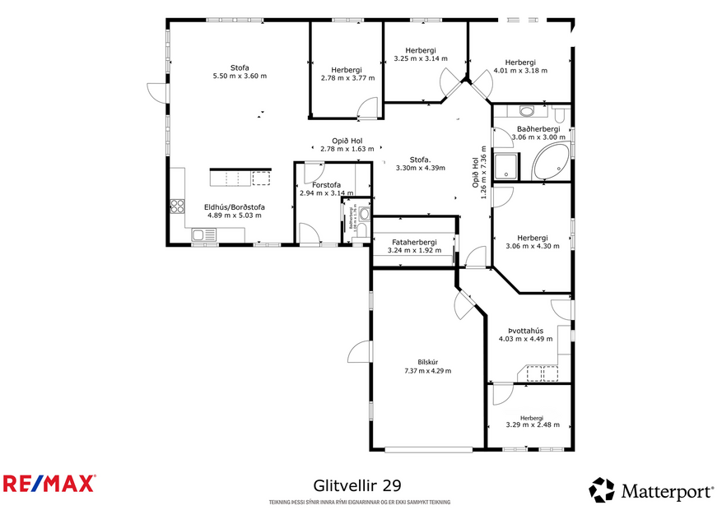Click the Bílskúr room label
coord(427,362)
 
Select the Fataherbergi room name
coord(414,242)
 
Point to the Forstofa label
coord(326,185)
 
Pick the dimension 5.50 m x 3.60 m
coord(240,76)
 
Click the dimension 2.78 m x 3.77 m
coord(347,78)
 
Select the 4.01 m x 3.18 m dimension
coord(520,71)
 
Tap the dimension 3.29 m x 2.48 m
coord(532,425)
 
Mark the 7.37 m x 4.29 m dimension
coord(427,371)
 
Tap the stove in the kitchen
coord(176,206)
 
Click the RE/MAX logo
coord(49,483)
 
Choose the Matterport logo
coord(651,491)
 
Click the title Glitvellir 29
coord(357,486)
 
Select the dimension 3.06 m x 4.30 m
coord(531,246)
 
